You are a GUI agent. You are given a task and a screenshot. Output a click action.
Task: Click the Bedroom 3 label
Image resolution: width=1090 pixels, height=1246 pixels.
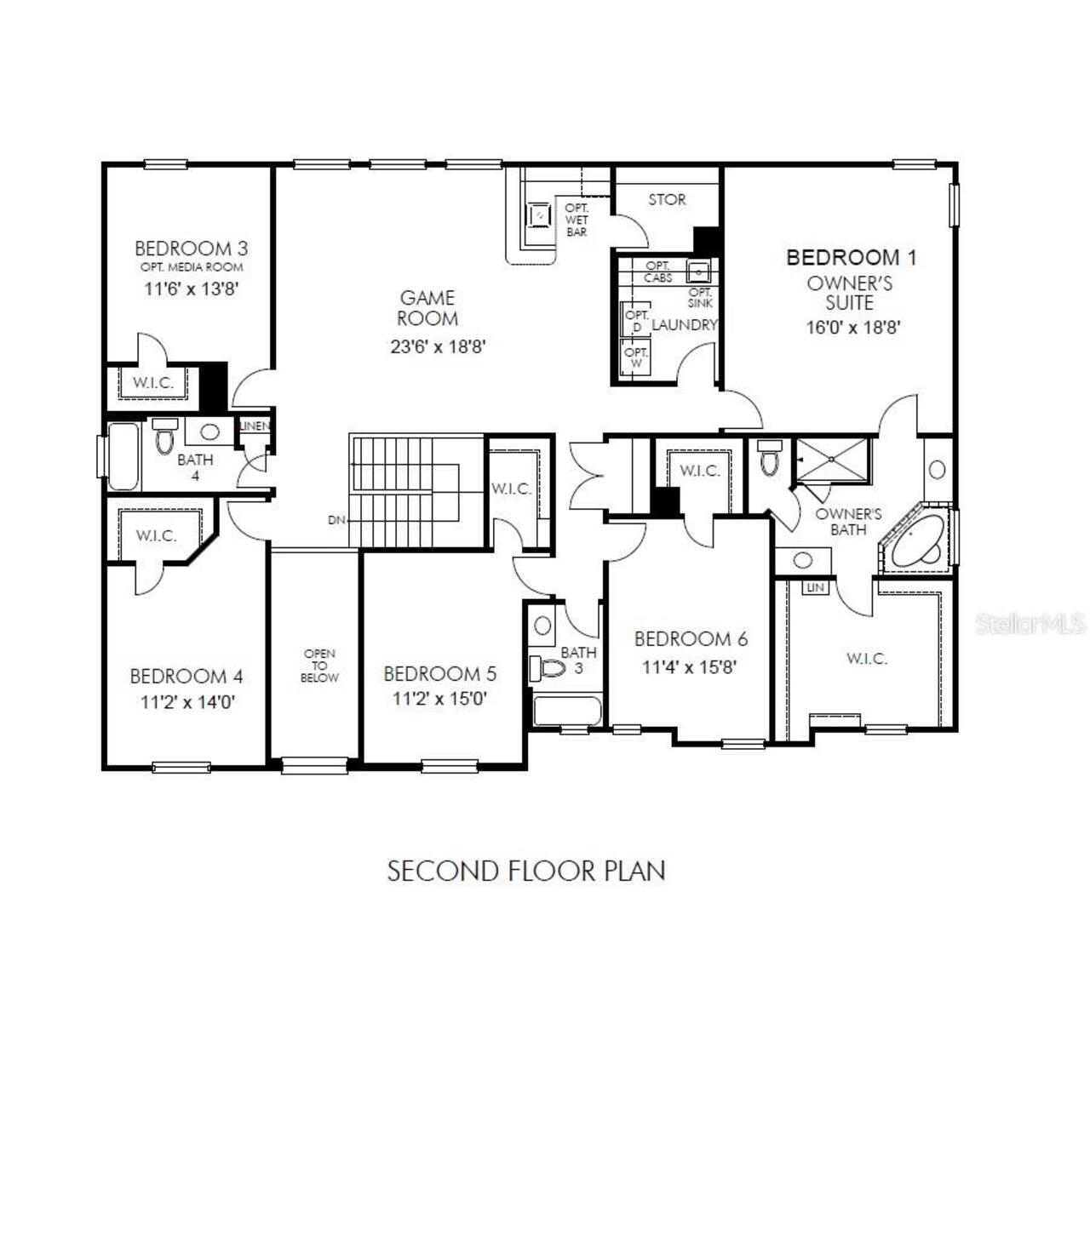[x=191, y=249]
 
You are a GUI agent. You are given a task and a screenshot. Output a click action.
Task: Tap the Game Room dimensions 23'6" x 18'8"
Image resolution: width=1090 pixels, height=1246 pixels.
[x=438, y=346]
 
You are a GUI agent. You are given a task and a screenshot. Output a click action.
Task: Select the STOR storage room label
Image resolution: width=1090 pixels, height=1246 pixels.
[x=667, y=199]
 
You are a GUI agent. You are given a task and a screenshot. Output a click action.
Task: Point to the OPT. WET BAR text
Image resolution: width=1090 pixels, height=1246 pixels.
[x=577, y=220]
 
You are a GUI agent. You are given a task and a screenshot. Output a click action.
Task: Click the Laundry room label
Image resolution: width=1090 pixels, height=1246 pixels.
[x=684, y=324]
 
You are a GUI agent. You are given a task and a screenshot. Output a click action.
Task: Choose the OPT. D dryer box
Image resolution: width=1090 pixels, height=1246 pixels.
[x=636, y=321]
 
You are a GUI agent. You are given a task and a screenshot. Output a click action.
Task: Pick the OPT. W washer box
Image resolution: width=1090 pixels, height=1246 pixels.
[x=636, y=357]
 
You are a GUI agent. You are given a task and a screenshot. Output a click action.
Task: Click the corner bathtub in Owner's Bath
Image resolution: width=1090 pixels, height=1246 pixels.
[x=917, y=541]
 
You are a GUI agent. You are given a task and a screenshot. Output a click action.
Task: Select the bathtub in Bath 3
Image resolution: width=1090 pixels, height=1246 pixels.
[x=567, y=712]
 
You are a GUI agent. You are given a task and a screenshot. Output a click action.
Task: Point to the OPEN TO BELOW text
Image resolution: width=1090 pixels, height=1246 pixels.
[x=319, y=666]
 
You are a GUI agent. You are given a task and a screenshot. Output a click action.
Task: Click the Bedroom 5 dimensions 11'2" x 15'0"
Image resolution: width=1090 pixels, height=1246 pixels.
[x=439, y=699]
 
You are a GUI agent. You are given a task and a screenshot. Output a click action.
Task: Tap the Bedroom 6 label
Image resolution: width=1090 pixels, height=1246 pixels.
[x=691, y=639]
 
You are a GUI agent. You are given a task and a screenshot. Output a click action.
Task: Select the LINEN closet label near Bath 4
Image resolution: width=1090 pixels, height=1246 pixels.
[x=255, y=426]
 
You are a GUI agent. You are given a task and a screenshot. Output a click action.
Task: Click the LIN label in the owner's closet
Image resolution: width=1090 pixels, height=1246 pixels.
[x=815, y=588]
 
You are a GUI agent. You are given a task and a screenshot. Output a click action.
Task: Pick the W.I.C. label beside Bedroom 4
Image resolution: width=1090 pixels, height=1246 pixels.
[x=156, y=536]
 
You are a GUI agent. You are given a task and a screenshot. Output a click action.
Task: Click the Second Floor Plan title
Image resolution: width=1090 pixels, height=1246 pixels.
[x=526, y=872]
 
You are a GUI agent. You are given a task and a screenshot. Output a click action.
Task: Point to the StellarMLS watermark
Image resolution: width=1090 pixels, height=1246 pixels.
[x=1030, y=624]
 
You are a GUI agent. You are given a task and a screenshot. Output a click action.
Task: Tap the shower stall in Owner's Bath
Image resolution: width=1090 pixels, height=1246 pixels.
[x=832, y=460]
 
